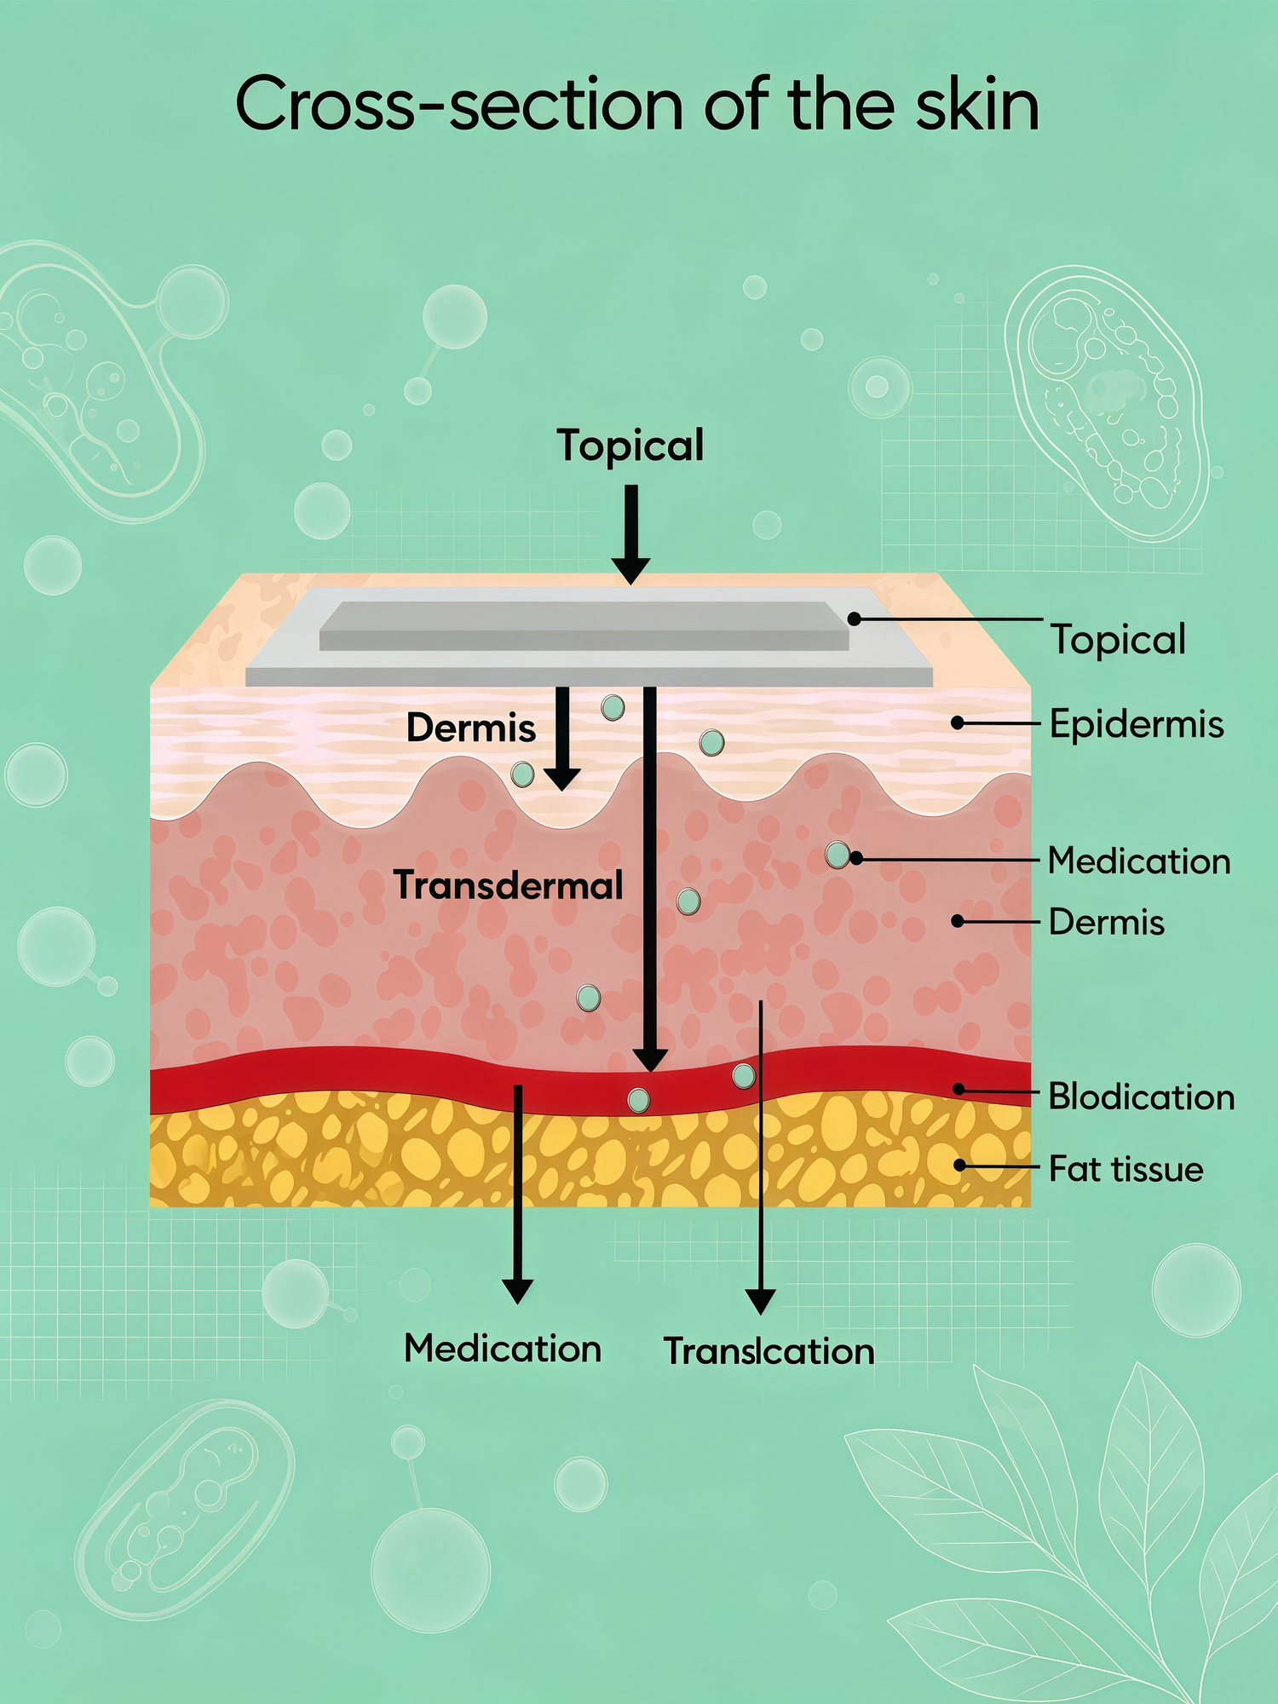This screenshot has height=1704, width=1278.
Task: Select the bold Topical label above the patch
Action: [630, 446]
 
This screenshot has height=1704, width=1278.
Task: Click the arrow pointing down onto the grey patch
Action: [630, 534]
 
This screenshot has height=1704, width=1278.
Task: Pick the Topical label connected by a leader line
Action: [1118, 640]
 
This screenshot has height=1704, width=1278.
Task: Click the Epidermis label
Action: [1137, 724]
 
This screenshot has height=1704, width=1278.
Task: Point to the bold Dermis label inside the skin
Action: [471, 728]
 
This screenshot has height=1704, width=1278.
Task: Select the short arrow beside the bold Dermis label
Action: [561, 739]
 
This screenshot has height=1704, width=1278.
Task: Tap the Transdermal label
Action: [509, 885]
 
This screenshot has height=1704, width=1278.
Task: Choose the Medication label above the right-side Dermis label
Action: [1139, 861]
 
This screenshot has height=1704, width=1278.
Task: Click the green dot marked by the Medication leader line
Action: [838, 855]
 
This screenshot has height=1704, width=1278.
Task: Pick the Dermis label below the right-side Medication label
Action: [1106, 922]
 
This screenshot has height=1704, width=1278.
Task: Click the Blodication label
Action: [1141, 1097]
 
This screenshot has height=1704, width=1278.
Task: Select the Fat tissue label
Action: [1125, 1169]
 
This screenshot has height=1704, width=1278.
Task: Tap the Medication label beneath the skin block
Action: [503, 1349]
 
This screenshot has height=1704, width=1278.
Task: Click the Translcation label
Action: [769, 1351]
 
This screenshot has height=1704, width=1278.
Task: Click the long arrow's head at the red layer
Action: [650, 1059]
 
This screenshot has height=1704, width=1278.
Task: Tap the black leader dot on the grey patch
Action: [854, 619]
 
